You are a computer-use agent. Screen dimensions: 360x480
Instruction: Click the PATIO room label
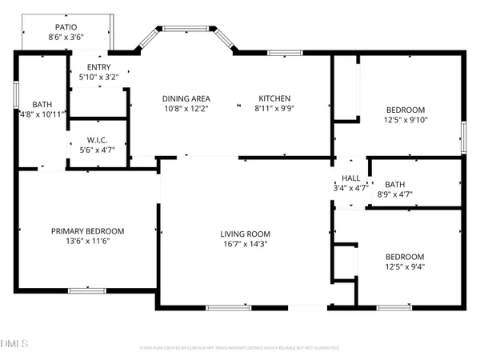point(66,26)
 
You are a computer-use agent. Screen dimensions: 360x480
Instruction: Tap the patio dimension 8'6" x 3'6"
point(66,37)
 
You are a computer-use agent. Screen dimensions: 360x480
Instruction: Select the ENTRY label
point(100,67)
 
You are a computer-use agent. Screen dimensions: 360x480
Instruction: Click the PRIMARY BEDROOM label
point(88,231)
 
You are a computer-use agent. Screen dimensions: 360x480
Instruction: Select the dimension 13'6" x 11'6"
point(88,242)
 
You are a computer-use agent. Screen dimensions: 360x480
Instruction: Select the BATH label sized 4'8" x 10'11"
point(42,104)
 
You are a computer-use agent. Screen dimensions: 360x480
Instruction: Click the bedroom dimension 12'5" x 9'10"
point(406,121)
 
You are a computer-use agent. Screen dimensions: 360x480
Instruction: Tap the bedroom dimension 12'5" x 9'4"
point(406,268)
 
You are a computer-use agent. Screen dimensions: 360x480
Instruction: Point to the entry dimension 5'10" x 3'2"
point(100,78)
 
